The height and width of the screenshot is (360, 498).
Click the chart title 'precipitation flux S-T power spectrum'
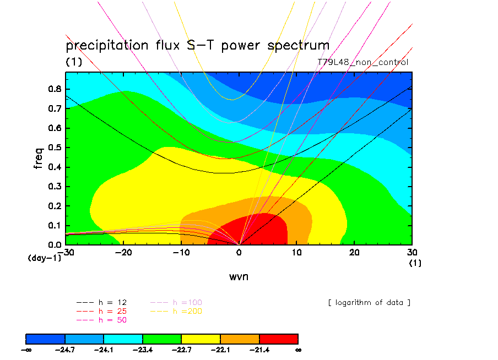[x=197, y=45]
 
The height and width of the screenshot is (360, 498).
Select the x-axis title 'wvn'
[x=239, y=276]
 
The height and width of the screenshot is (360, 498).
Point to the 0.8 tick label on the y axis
[x=54, y=89]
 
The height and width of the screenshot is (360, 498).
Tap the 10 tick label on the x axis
[x=296, y=252]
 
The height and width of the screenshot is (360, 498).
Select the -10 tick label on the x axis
[x=179, y=252]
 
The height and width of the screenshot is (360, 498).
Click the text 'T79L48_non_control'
[x=363, y=62]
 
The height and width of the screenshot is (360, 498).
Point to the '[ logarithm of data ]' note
[x=369, y=302]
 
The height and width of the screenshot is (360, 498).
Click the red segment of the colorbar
[x=278, y=339]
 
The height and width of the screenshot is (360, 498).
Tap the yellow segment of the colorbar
[x=201, y=339]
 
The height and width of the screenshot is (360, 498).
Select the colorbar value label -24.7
[x=65, y=350]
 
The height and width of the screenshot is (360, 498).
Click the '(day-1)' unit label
[x=44, y=258]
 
